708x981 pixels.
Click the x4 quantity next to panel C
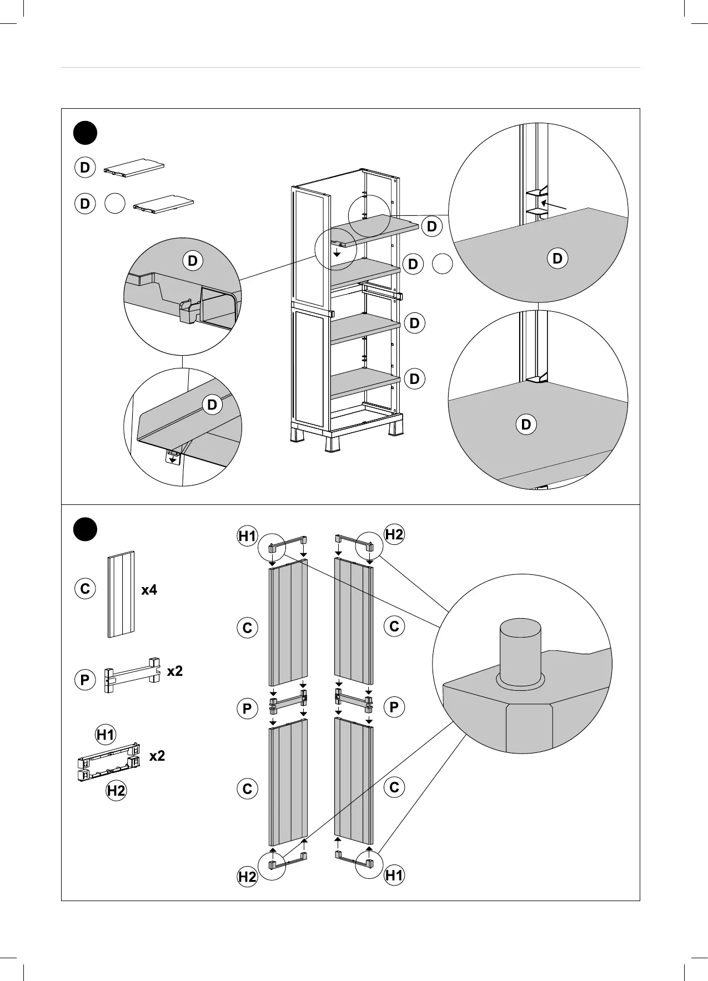[x=149, y=590]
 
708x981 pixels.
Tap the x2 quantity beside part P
[x=175, y=671]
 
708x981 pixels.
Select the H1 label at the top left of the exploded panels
[x=247, y=536]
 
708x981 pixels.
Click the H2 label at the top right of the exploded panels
[x=394, y=535]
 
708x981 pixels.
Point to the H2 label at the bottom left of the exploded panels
[x=247, y=877]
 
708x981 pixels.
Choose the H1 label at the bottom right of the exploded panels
[x=394, y=876]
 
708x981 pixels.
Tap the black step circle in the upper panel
[x=85, y=133]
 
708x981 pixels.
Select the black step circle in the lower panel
[x=85, y=529]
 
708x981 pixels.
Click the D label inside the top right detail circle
[x=558, y=258]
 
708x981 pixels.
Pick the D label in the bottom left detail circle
[x=212, y=405]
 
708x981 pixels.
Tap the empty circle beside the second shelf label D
[x=442, y=264]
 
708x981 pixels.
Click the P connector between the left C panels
[x=288, y=704]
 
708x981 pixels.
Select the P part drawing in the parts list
[x=132, y=675]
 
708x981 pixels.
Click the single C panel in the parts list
[x=121, y=594]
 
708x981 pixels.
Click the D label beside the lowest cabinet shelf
[x=414, y=379]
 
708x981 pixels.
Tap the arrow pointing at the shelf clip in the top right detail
[x=553, y=205]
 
